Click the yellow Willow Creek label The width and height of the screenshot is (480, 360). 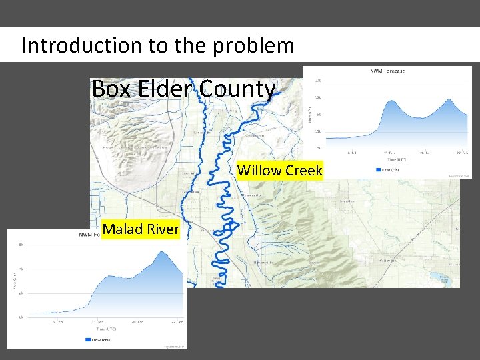(x=279, y=171)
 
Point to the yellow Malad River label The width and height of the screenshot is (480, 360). (x=141, y=229)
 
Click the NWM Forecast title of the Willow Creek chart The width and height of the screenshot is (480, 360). (x=387, y=71)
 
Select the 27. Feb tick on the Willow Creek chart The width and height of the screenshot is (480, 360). (x=460, y=153)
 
